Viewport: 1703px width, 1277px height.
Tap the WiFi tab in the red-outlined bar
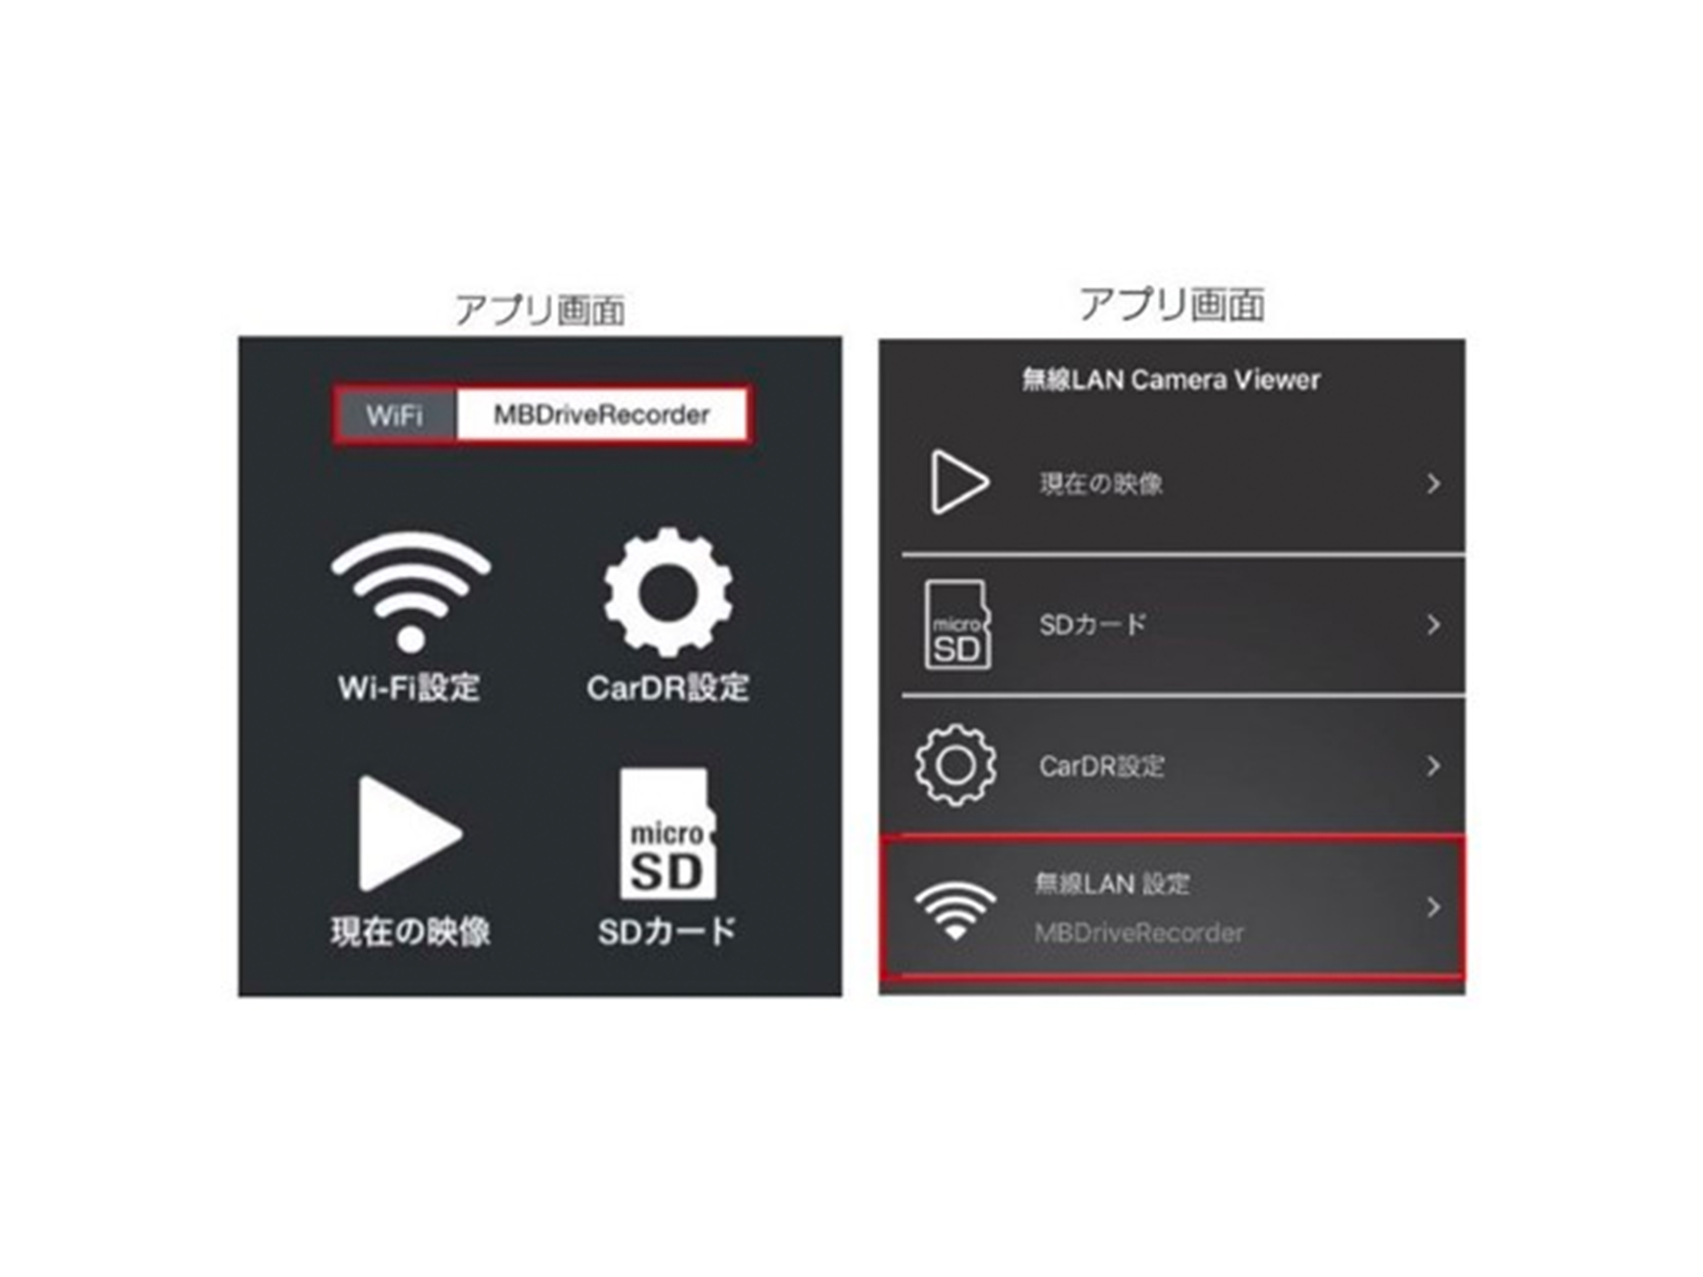pos(395,416)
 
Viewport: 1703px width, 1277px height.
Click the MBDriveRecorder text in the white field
pos(601,416)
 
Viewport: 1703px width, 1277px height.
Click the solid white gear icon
pos(668,592)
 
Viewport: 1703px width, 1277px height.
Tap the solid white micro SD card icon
pos(668,833)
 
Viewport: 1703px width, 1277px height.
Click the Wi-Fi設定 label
pos(409,688)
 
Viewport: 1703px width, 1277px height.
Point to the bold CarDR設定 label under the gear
pos(668,688)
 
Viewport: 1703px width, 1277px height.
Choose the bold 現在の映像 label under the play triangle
pos(410,932)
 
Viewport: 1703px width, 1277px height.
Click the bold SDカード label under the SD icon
pos(668,932)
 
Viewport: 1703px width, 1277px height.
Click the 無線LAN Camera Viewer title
pos(1171,380)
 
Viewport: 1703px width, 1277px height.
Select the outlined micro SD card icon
pos(957,624)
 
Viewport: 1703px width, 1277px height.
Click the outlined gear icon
pos(956,765)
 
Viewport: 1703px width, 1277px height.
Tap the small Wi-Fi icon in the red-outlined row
pos(955,909)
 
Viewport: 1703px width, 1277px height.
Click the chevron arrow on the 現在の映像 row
pos(1434,484)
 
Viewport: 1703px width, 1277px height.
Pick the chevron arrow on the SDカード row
pos(1434,624)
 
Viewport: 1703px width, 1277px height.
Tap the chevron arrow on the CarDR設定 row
pos(1434,766)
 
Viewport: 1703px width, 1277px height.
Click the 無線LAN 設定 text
pos(1113,883)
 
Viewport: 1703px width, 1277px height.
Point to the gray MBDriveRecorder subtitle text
pos(1139,933)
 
